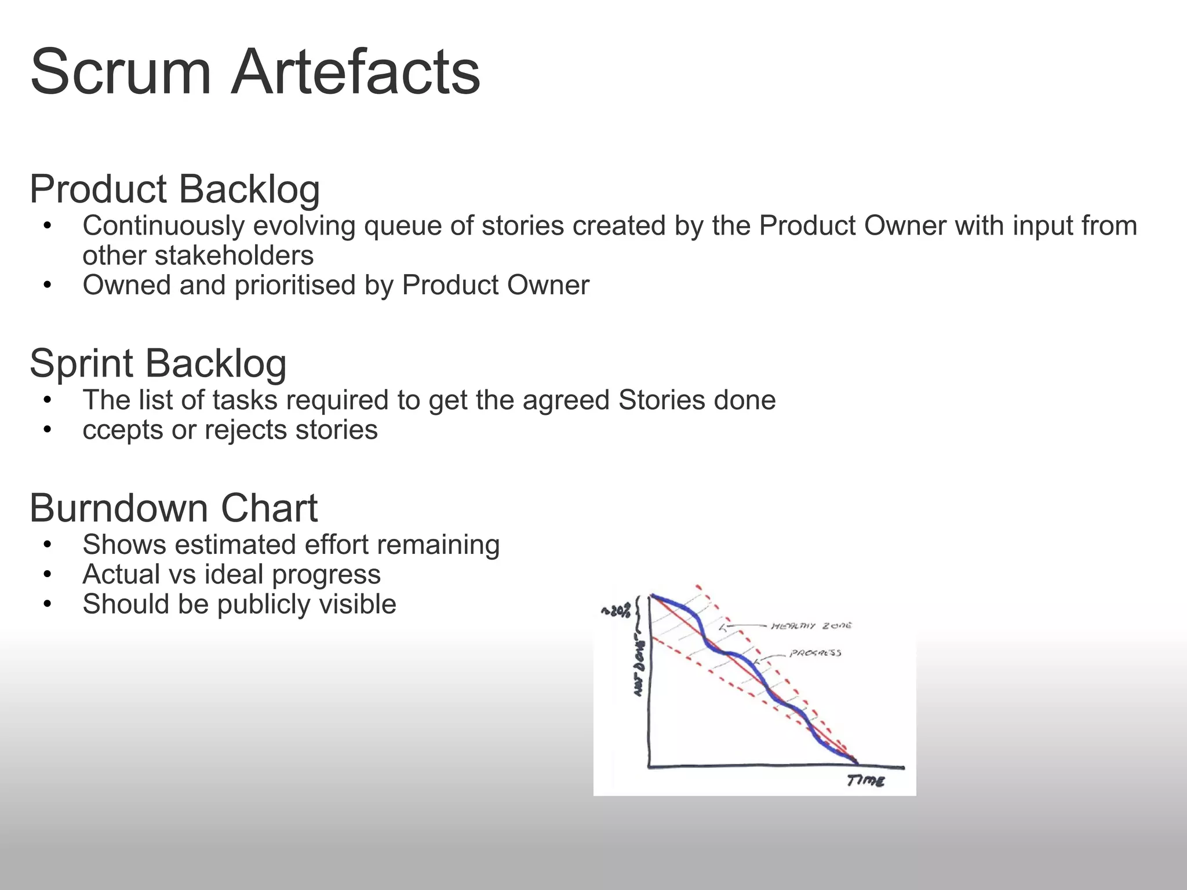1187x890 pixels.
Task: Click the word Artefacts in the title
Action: (355, 74)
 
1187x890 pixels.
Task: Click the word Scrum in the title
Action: (120, 74)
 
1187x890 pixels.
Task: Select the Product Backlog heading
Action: (174, 189)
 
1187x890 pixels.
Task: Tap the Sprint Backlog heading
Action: (158, 363)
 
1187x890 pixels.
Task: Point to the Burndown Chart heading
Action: (173, 508)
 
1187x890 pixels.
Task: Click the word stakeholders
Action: (198, 256)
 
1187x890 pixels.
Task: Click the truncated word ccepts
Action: (122, 431)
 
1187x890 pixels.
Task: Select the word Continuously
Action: (163, 226)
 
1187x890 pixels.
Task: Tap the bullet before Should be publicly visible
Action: (48, 604)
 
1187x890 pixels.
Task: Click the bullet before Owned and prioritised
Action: (48, 285)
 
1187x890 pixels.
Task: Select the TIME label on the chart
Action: (865, 781)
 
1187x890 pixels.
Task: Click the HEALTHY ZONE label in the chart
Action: (811, 626)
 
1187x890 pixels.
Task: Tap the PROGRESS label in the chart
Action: (815, 653)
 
